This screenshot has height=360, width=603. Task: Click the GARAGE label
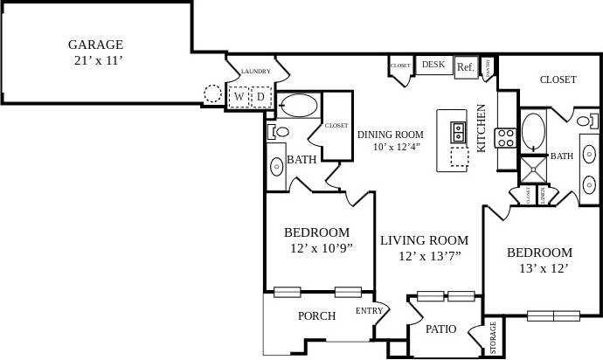coord(95,45)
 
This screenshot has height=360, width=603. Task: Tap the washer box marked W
coord(238,96)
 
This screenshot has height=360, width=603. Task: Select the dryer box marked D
coord(260,96)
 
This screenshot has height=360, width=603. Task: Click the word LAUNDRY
coord(255,72)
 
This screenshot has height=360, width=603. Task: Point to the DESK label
coord(433,65)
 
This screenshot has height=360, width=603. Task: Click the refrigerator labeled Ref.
coord(465,67)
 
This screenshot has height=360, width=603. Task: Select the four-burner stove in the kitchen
coord(505,136)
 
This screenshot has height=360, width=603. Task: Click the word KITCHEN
coord(481,128)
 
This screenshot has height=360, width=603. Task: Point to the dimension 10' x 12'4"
coord(390,147)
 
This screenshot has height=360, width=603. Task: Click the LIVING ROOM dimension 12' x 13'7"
coord(429,255)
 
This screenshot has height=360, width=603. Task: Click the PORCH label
coord(316,315)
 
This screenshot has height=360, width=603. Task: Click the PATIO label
coord(441,329)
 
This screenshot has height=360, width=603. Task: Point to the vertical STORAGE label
coord(493,338)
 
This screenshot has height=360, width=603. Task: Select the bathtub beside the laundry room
coord(299,106)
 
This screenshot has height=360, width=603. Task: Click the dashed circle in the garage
coord(212,93)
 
